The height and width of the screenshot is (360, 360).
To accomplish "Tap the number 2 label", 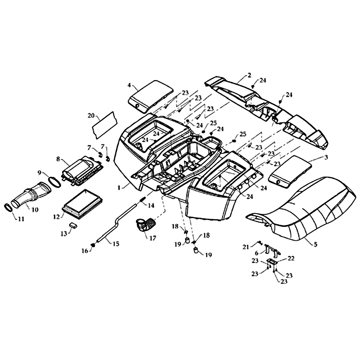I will coord(249,75).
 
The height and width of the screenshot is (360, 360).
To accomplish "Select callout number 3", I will coord(326,157).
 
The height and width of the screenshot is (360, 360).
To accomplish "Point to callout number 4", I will coord(129,85).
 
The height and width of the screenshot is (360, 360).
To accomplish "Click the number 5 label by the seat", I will coord(315,244).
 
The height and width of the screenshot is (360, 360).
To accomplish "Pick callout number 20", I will coord(91,115).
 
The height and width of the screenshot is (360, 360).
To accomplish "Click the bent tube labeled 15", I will coord(112,227).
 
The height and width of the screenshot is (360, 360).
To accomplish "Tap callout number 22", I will coord(291,258).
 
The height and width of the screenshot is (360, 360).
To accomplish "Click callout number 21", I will coord(246,247).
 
